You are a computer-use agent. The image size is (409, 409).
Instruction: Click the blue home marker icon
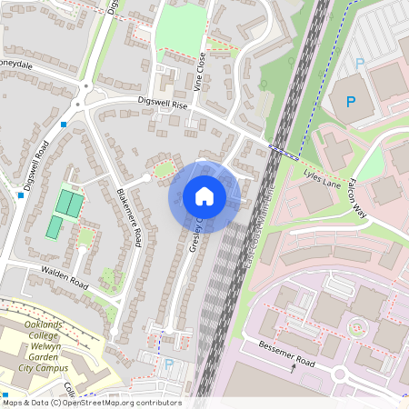204,195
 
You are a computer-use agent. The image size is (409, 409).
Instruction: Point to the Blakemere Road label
129,218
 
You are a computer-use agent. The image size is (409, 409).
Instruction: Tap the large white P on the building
351,101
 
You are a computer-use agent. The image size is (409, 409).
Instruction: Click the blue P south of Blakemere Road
168,364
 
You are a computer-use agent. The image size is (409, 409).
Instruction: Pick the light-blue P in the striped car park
359,64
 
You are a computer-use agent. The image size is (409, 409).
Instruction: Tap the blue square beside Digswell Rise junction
64,124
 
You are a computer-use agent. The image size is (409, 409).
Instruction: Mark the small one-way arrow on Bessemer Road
293,368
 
